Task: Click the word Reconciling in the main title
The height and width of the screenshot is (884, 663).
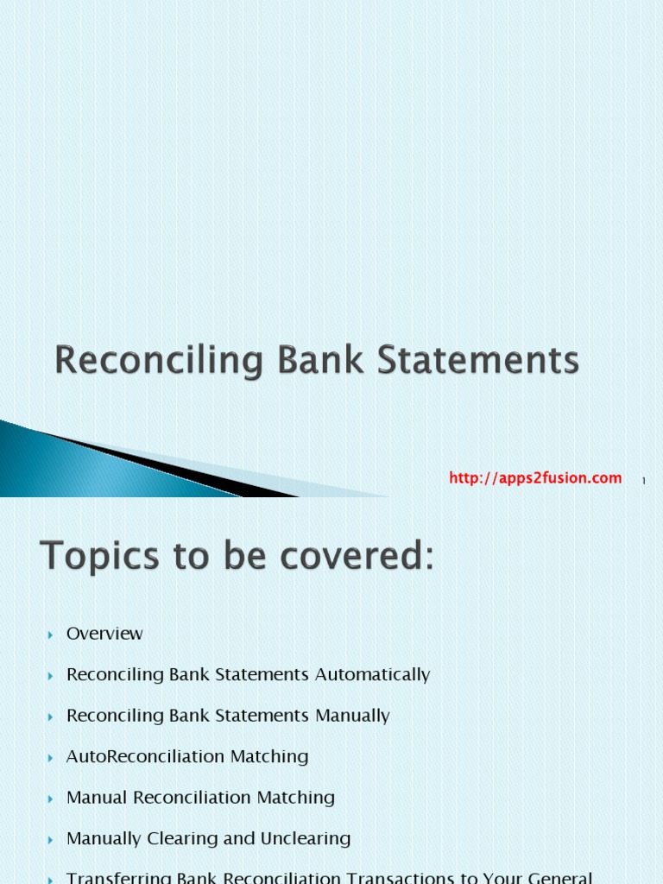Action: pyautogui.click(x=158, y=361)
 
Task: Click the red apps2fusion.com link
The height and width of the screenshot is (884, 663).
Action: pyautogui.click(x=535, y=478)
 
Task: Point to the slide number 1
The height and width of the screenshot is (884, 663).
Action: pyautogui.click(x=644, y=481)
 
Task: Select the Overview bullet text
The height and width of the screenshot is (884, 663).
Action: pyautogui.click(x=104, y=634)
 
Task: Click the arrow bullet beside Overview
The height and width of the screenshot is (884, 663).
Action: pyautogui.click(x=51, y=635)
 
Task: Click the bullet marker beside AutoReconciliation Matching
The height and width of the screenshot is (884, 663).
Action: pyautogui.click(x=51, y=757)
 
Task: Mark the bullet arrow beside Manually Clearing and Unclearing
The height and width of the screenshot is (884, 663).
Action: pyautogui.click(x=51, y=839)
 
